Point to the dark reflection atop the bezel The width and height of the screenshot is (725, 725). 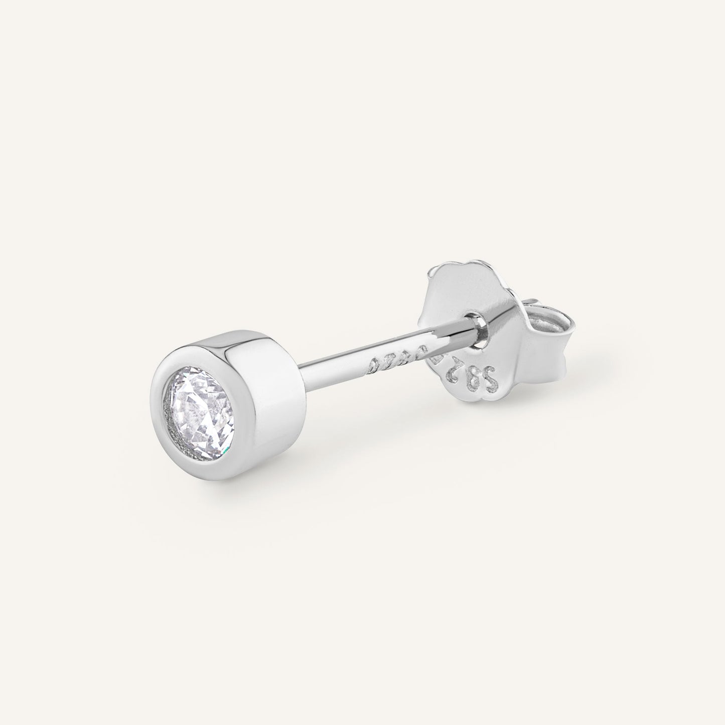pyautogui.click(x=236, y=351)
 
